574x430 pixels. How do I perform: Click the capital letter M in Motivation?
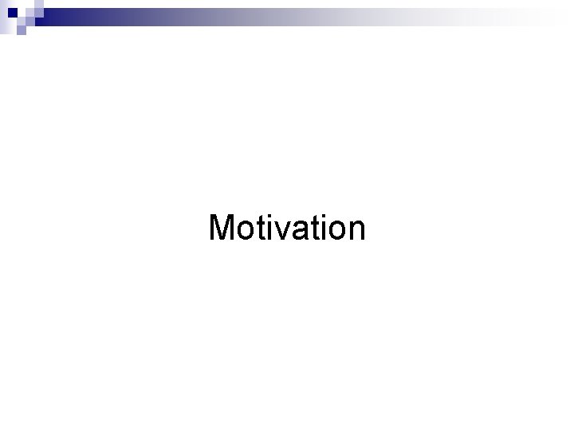point(222,228)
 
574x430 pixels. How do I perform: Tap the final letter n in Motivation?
point(356,231)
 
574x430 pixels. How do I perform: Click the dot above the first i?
point(269,216)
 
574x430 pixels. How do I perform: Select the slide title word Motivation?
point(287,228)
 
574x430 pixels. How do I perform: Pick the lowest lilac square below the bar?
point(21,31)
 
